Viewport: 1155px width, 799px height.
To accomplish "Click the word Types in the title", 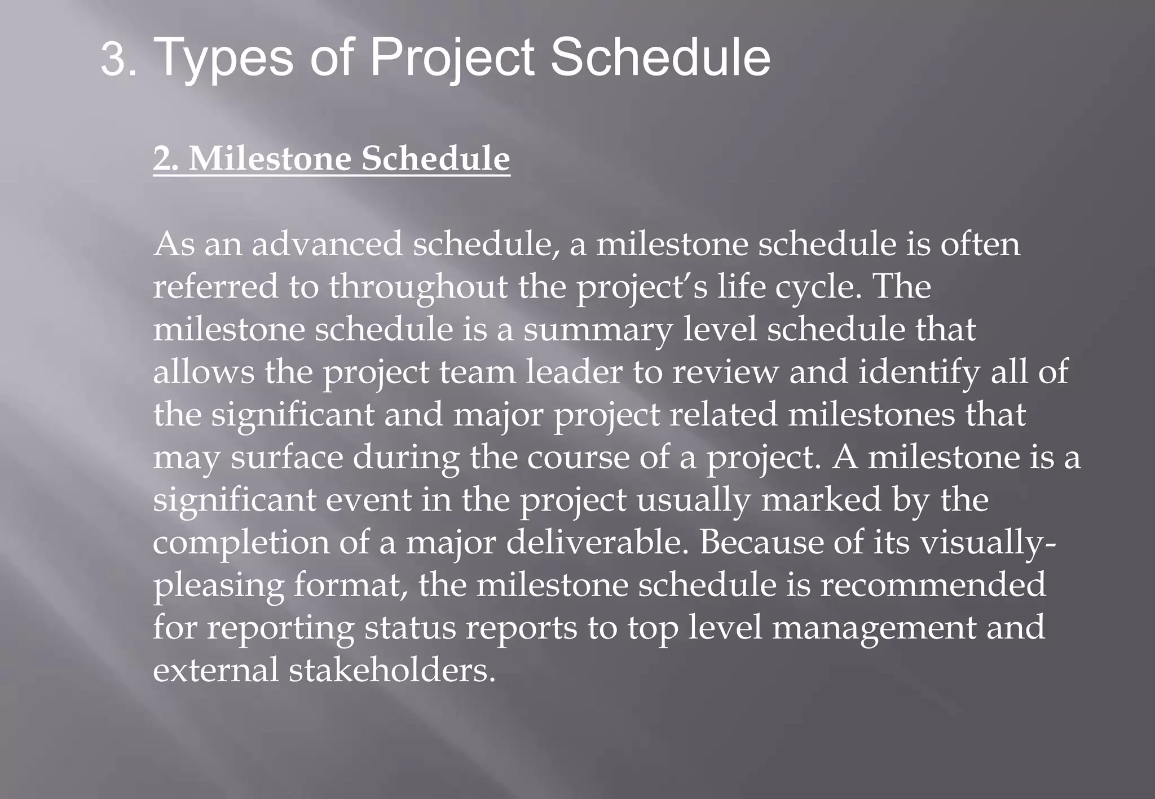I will (223, 58).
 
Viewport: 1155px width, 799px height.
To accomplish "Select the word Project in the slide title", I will (451, 58).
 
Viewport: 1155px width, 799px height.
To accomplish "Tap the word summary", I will (598, 330).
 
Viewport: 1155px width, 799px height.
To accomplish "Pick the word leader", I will (574, 372).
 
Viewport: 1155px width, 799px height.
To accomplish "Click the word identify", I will (919, 372).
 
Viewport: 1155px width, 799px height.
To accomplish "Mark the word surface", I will (286, 457).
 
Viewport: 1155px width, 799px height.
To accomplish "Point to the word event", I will (368, 500).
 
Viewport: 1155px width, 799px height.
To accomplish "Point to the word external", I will (215, 671).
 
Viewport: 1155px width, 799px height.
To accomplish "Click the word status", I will (409, 628).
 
